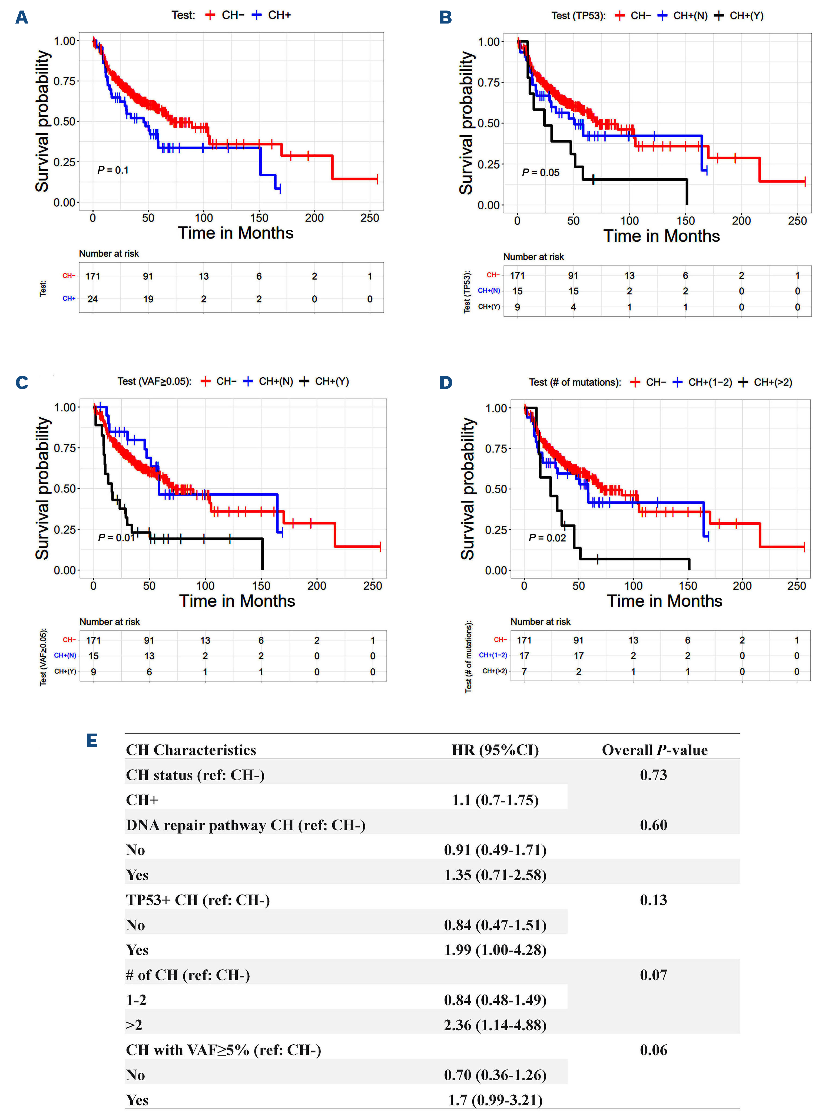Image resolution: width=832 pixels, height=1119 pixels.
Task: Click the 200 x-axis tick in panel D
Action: tap(742, 586)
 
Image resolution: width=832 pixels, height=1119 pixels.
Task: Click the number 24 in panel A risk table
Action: tap(93, 299)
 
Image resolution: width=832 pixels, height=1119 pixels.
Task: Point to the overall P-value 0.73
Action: tap(653, 775)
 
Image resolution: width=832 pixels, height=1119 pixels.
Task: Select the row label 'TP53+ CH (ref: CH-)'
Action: tap(197, 900)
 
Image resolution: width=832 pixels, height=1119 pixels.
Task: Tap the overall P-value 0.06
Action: tap(653, 1050)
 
